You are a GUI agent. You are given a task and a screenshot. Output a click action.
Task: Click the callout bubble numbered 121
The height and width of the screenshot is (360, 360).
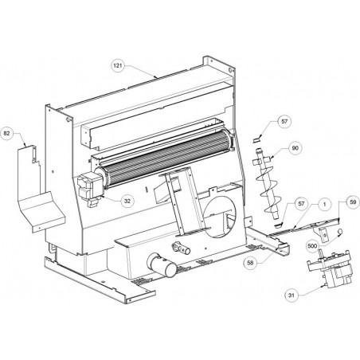pyautogui.click(x=118, y=65)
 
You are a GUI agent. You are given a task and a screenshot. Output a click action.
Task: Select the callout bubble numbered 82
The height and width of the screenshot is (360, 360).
pyautogui.click(x=7, y=133)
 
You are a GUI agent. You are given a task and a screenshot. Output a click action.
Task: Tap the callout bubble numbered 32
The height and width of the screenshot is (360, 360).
pyautogui.click(x=127, y=201)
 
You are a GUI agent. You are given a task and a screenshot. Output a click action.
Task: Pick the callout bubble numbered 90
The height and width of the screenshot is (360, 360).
pyautogui.click(x=295, y=148)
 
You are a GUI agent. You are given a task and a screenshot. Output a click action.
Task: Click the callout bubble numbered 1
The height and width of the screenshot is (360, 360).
pyautogui.click(x=324, y=204)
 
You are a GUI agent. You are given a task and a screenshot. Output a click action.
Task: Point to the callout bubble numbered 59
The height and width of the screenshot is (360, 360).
pyautogui.click(x=353, y=202)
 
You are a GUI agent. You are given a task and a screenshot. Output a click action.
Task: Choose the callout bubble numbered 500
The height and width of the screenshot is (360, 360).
pyautogui.click(x=312, y=246)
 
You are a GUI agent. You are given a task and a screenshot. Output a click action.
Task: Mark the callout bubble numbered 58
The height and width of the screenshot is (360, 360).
pyautogui.click(x=250, y=263)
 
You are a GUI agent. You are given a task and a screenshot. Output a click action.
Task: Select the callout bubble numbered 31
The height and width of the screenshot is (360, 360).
pyautogui.click(x=292, y=295)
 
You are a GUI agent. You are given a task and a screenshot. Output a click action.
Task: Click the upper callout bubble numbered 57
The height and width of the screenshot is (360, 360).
pyautogui.click(x=284, y=122)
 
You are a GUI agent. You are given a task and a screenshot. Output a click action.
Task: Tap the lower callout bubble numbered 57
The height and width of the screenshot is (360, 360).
pyautogui.click(x=301, y=204)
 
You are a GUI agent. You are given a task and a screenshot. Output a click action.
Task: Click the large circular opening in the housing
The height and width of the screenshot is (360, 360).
pyautogui.click(x=220, y=217)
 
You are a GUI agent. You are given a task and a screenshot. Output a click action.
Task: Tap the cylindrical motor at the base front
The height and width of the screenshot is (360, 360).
pyautogui.click(x=162, y=265)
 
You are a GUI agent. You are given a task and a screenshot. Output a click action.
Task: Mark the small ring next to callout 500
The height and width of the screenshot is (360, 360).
pyautogui.click(x=339, y=232)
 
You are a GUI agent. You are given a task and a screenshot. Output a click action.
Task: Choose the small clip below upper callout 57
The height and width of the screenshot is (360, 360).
pyautogui.click(x=256, y=139)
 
